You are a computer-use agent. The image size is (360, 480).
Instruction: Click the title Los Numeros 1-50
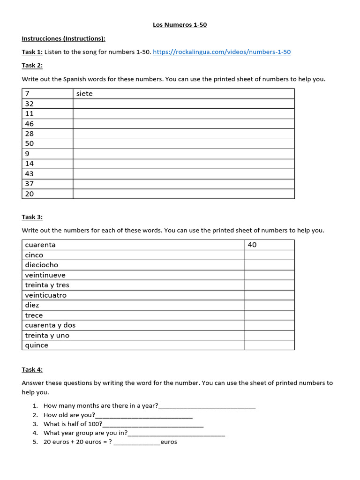pos(180,25)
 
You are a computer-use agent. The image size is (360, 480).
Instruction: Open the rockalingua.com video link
pos(222,52)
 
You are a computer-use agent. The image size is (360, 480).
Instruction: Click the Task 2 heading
pos(32,65)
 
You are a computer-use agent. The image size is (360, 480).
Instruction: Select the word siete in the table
pos(84,94)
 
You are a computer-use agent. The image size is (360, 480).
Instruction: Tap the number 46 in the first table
pos(30,124)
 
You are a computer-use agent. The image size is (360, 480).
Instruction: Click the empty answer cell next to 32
pos(184,104)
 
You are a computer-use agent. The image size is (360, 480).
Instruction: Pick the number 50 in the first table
pos(30,143)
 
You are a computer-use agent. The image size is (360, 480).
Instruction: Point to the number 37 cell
pos(30,184)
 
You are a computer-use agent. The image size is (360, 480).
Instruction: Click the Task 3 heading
pos(32,217)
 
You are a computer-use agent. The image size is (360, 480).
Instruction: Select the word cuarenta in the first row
pos(40,245)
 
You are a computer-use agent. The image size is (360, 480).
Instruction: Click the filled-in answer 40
pos(252,245)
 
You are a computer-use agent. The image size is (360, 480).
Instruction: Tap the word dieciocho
pos(42,265)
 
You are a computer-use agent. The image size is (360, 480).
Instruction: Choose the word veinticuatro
pos(46,295)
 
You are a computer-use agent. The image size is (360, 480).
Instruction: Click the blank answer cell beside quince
pos(269,345)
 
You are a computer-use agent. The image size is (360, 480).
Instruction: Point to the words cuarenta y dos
pos(50,325)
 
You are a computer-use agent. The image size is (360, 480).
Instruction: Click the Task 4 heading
pos(32,369)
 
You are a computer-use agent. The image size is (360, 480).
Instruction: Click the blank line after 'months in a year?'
pos(207,406)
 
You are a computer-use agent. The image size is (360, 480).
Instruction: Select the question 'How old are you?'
pos(69,415)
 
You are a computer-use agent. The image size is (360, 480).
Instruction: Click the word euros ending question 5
pos(169,442)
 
